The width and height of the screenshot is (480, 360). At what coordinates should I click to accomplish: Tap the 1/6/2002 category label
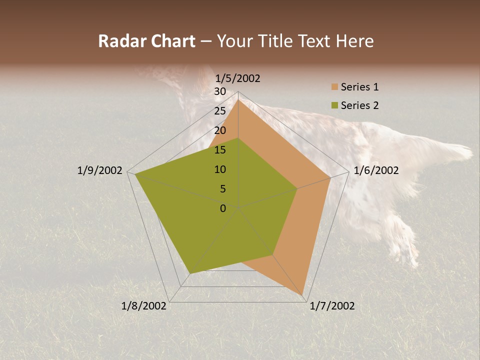pyautogui.click(x=376, y=170)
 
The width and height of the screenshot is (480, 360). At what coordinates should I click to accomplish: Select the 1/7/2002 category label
pyautogui.click(x=332, y=306)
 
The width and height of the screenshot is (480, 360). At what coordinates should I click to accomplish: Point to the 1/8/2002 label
pyautogui.click(x=144, y=306)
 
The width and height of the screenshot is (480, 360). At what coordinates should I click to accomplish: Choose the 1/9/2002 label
pyautogui.click(x=100, y=170)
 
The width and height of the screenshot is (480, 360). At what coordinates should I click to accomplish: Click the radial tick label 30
pyautogui.click(x=220, y=91)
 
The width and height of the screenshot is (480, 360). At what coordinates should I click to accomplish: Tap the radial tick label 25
pyautogui.click(x=220, y=111)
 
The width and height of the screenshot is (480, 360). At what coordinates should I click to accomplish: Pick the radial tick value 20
pyautogui.click(x=220, y=130)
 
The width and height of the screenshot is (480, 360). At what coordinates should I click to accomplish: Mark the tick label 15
pyautogui.click(x=220, y=150)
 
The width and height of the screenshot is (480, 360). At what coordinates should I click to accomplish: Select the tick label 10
pyautogui.click(x=220, y=169)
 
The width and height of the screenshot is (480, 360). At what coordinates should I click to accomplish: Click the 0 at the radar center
pyautogui.click(x=223, y=208)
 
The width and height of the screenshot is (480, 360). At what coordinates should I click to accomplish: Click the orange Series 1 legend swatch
pyautogui.click(x=334, y=87)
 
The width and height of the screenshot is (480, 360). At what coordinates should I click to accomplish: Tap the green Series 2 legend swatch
pyautogui.click(x=334, y=105)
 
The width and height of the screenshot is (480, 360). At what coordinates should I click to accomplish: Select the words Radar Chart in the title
pyautogui.click(x=146, y=41)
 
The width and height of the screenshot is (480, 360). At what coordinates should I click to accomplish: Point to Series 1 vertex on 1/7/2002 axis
pyautogui.click(x=303, y=295)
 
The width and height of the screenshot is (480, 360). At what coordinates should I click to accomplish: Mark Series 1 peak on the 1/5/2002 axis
pyautogui.click(x=238, y=99)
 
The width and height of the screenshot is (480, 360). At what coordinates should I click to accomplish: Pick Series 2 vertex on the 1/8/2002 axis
pyautogui.click(x=190, y=273)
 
